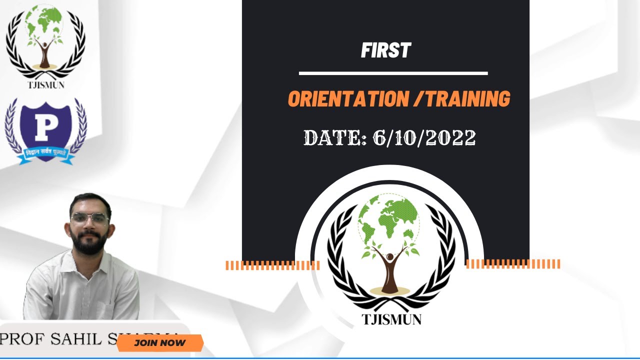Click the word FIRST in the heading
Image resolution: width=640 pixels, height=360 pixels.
385,50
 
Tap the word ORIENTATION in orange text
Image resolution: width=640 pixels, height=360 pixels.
348,99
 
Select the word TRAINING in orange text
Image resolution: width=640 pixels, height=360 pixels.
468,99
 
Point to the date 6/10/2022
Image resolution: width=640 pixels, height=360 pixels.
424,138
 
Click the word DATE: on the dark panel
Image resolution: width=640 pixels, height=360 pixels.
335,138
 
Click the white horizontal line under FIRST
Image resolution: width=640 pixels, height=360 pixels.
393,73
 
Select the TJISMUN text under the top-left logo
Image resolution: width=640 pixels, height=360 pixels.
45,84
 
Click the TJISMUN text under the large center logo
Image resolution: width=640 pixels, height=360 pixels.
391,319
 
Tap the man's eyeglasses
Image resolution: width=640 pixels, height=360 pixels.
89,218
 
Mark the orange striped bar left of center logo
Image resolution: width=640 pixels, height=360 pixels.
272,265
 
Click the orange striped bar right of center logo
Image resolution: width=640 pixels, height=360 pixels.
513,264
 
